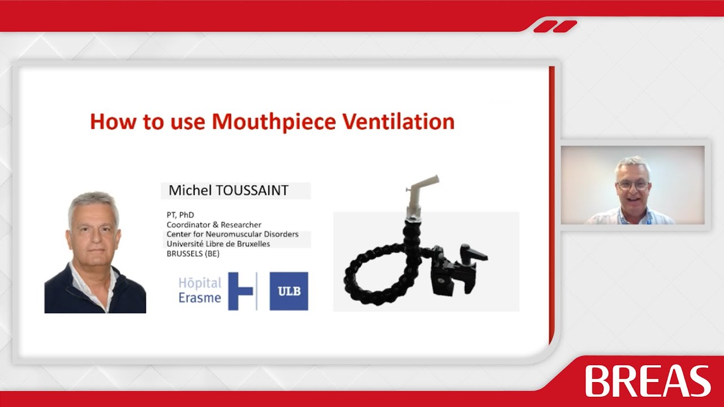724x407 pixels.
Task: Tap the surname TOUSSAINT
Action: click(x=252, y=190)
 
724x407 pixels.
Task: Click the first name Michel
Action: click(x=191, y=190)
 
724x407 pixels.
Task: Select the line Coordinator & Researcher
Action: click(x=214, y=225)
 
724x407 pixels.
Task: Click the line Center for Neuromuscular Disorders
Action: click(x=232, y=234)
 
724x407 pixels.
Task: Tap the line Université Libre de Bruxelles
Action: click(x=218, y=244)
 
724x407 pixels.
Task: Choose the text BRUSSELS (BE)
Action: click(x=193, y=253)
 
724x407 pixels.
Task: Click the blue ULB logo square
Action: click(x=288, y=291)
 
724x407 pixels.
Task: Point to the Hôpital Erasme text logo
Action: click(x=200, y=290)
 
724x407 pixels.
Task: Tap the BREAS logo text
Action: click(x=647, y=381)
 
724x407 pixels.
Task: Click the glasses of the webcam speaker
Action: click(x=633, y=185)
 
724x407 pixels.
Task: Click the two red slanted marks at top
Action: click(x=555, y=27)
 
